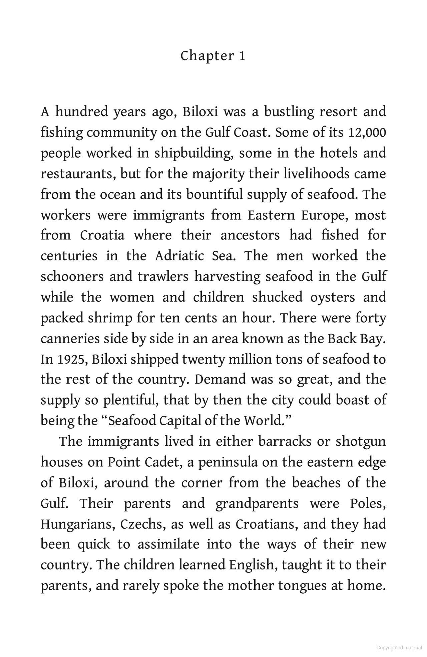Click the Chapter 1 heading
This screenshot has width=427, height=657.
[x=213, y=56]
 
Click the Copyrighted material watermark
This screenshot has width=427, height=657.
[x=399, y=648]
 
